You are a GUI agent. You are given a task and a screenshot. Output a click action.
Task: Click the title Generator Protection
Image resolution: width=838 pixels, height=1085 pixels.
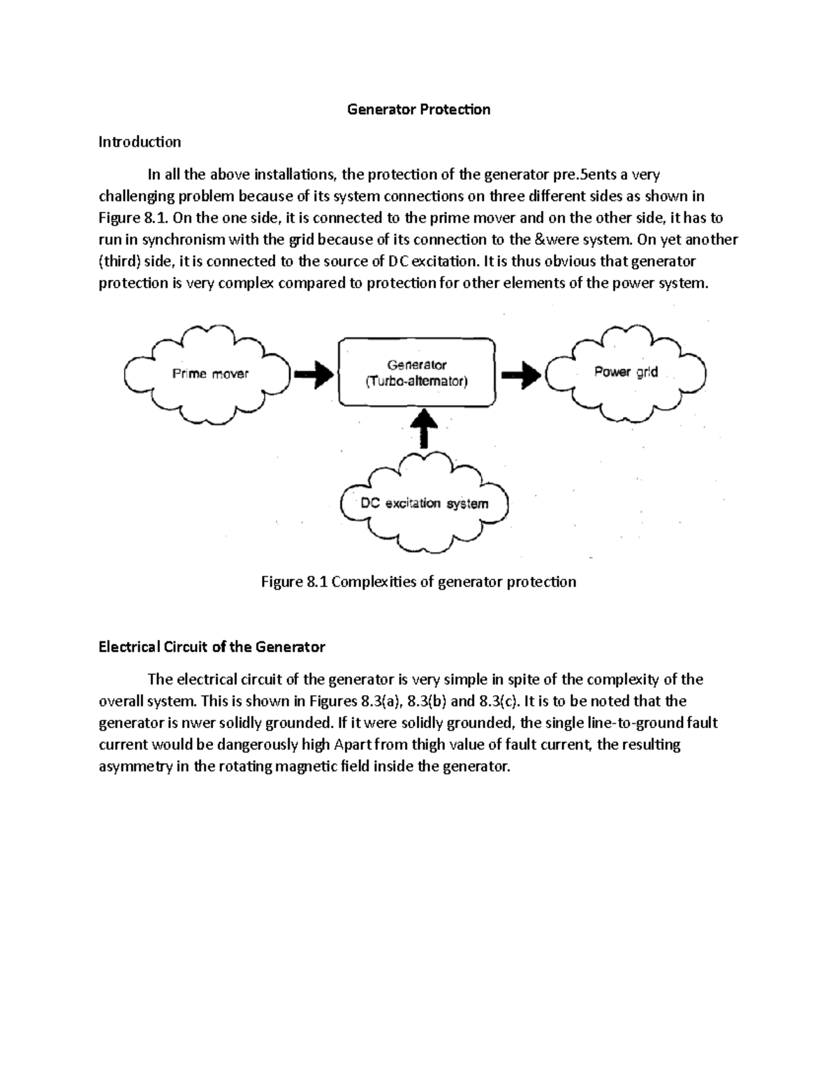[x=419, y=110]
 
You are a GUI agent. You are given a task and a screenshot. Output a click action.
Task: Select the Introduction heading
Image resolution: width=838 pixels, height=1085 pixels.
[x=140, y=142]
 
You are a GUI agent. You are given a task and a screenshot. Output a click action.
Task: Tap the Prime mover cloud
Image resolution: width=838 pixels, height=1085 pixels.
[x=209, y=374]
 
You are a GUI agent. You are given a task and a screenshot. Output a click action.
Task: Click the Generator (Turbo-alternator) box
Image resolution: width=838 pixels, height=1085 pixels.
[x=417, y=372]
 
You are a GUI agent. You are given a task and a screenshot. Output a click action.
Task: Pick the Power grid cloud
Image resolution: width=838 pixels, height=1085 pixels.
[x=626, y=372]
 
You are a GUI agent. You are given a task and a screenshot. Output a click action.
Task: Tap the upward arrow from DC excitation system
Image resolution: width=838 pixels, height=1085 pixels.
[x=424, y=426]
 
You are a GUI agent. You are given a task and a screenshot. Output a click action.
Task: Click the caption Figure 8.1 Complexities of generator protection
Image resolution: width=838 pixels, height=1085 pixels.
[x=418, y=582]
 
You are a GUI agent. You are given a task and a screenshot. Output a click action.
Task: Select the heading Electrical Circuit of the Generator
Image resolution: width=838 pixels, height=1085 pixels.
[x=212, y=647]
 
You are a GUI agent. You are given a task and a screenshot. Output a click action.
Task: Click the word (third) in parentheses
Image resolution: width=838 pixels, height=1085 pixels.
[x=119, y=261]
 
